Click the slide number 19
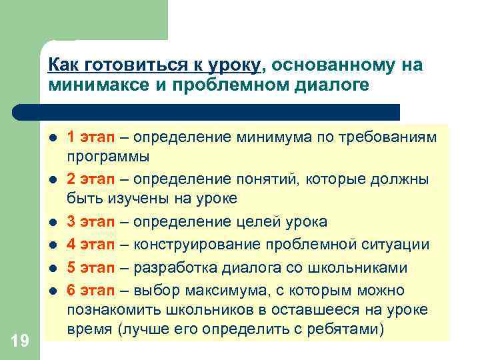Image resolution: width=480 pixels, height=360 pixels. point(20,341)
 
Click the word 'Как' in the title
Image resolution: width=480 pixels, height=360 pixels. point(62,65)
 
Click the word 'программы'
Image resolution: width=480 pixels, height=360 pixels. point(108,157)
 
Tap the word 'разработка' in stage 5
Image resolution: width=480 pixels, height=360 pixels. point(170,268)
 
